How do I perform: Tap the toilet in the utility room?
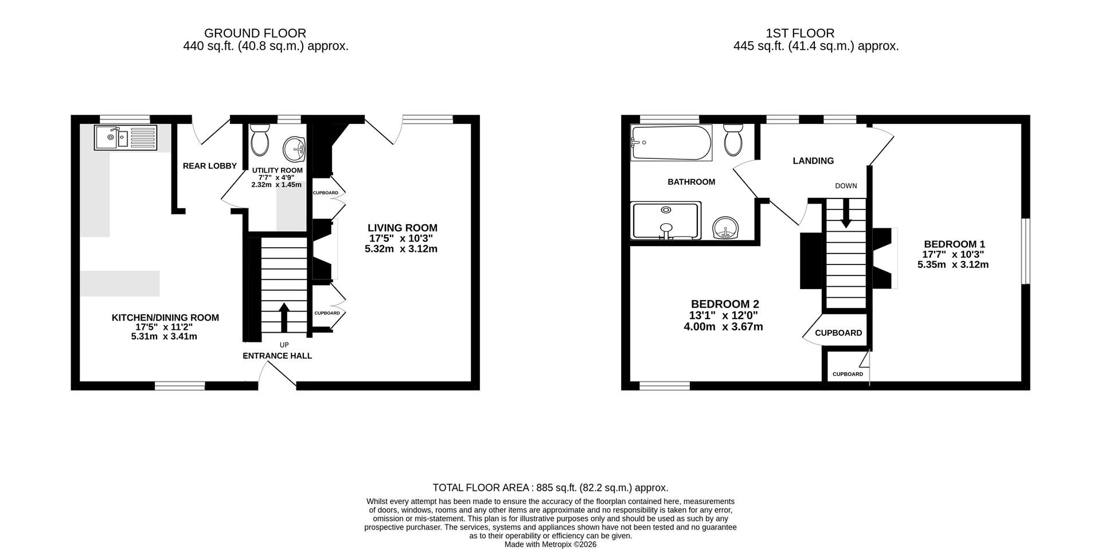click(260, 141)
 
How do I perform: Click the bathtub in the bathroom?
click(671, 143)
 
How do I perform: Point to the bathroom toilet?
click(733, 141)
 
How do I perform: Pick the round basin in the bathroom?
click(725, 228)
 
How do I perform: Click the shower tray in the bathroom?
click(666, 220)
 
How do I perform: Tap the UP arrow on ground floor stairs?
click(284, 317)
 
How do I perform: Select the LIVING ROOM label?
click(402, 228)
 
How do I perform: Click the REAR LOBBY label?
click(209, 166)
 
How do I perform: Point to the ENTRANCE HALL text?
click(278, 356)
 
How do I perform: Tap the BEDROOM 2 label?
click(725, 304)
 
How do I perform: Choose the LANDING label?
click(813, 161)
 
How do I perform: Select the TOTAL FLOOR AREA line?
click(550, 488)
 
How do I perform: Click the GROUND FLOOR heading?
click(255, 33)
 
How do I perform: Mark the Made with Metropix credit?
click(550, 544)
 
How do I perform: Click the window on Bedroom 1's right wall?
click(1025, 251)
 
